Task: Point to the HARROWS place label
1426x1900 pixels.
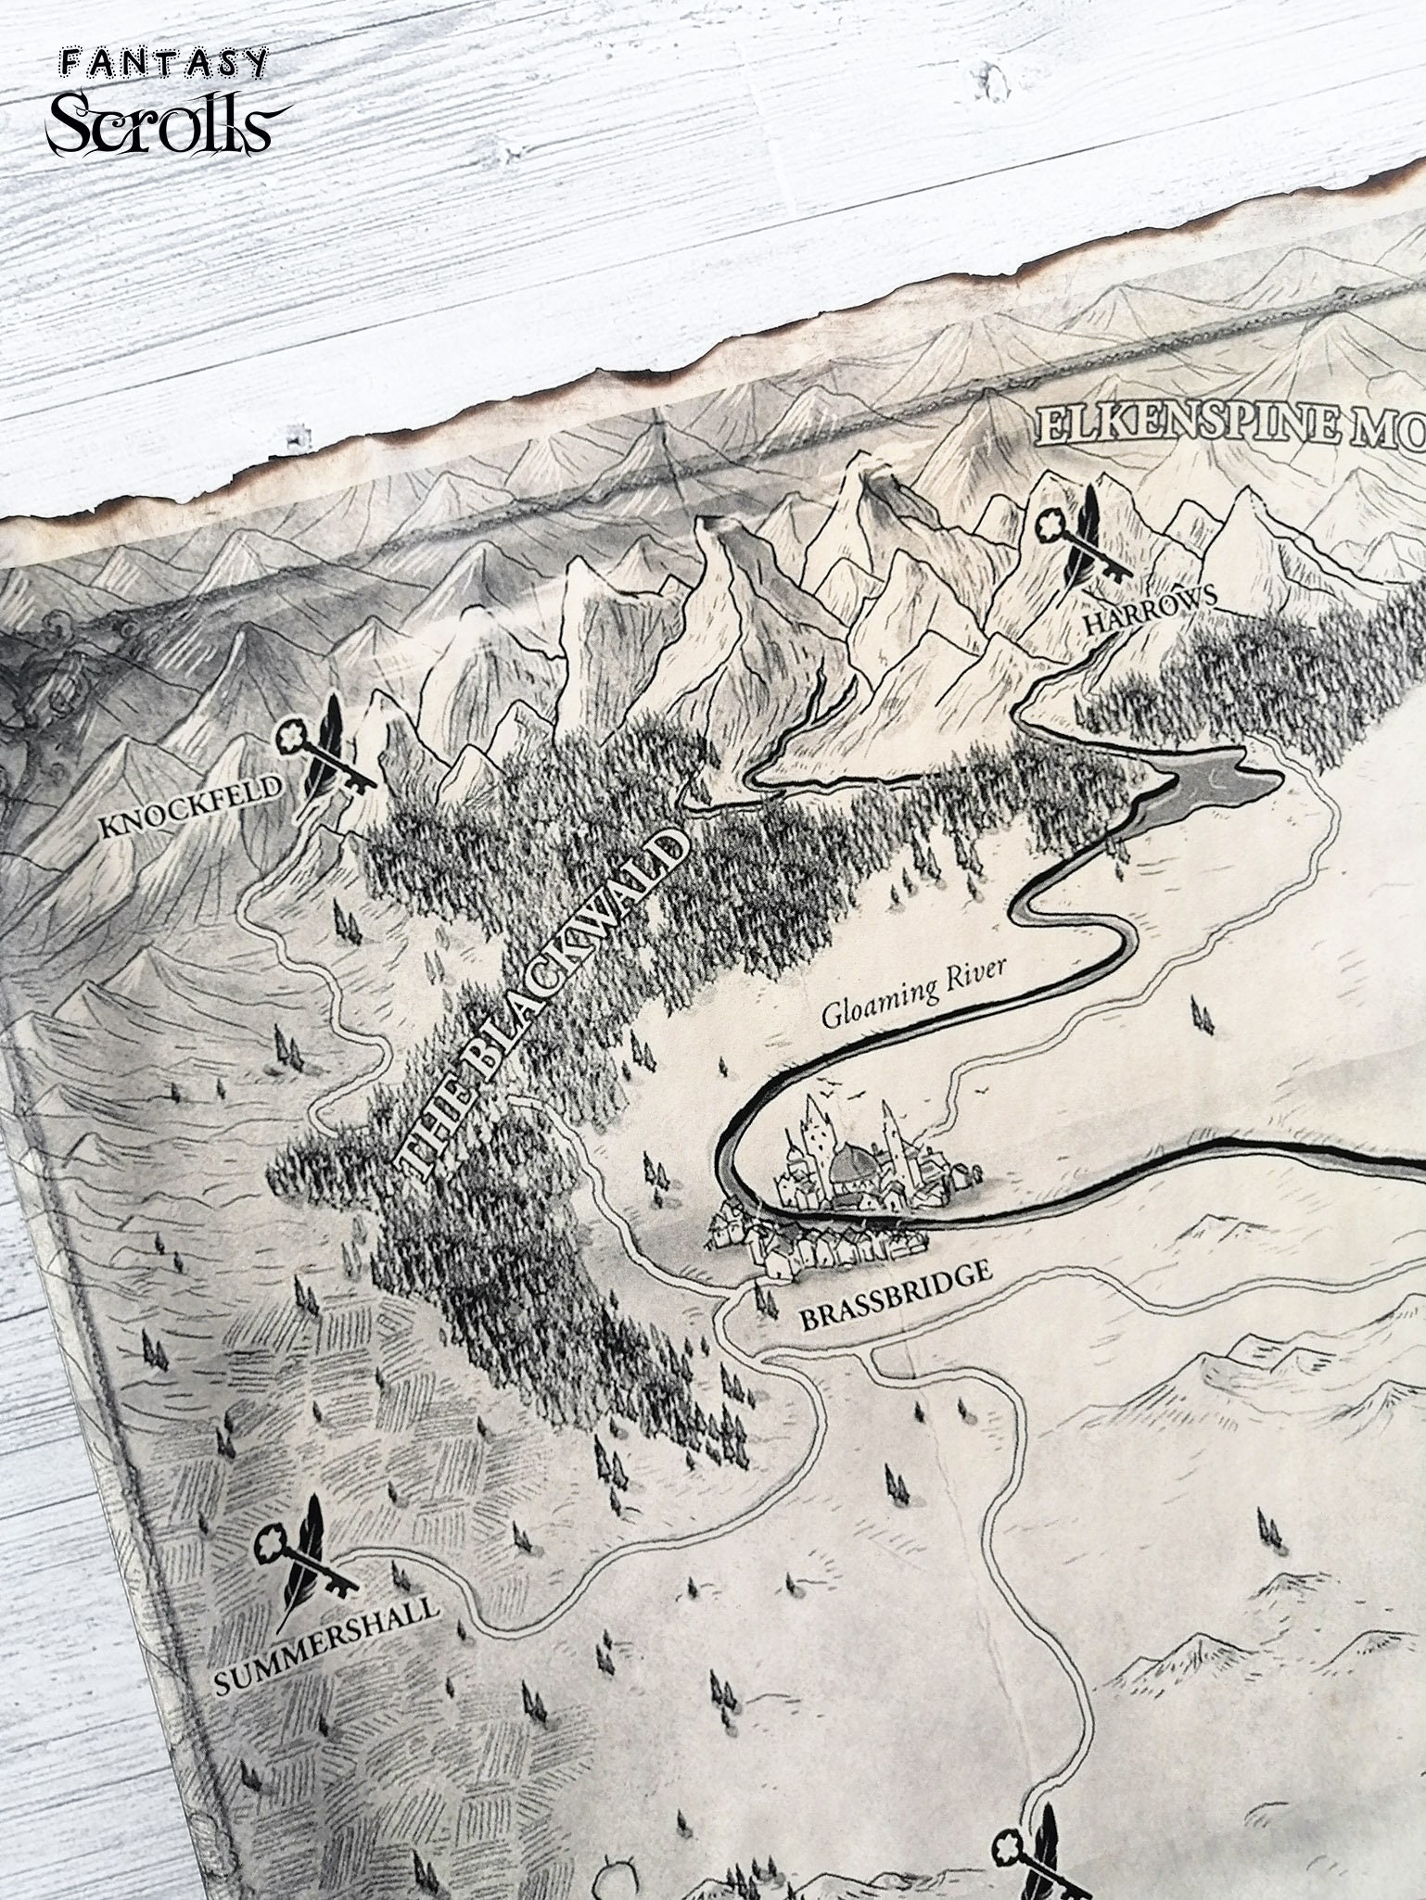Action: [1150, 614]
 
